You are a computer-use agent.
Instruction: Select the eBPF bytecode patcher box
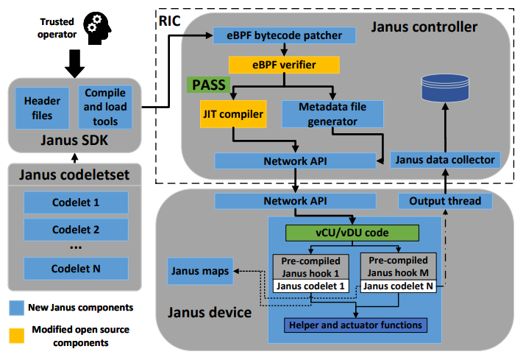(285, 35)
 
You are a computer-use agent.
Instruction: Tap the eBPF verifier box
(285, 65)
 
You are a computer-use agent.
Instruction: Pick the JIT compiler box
(232, 113)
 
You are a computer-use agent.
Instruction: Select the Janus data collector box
(445, 159)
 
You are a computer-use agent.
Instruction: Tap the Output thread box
(444, 200)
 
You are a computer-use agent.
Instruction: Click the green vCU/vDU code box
(352, 233)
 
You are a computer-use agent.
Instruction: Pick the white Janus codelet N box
(398, 286)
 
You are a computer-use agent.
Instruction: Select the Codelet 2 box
(76, 229)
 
